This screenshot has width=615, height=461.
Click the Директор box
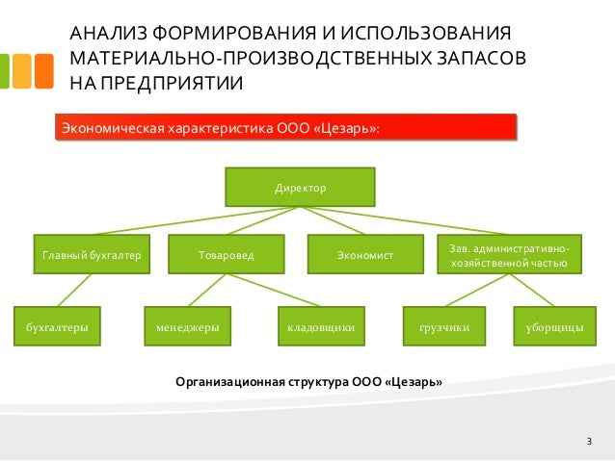pyautogui.click(x=300, y=187)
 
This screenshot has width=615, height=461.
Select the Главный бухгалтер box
pyautogui.click(x=92, y=255)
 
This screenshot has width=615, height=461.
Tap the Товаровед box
pyautogui.click(x=227, y=255)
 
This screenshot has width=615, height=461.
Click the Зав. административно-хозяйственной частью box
pyautogui.click(x=509, y=255)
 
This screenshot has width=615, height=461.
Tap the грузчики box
pyautogui.click(x=444, y=327)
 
